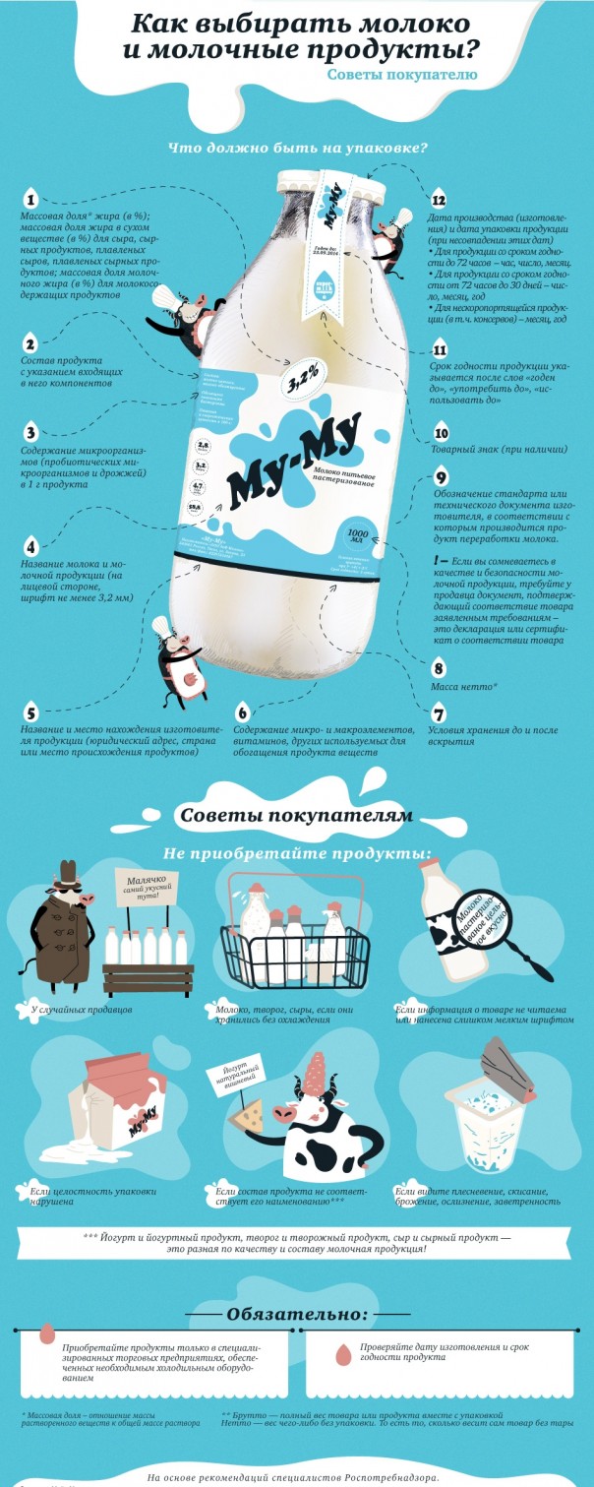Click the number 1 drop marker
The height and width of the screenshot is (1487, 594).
(30, 198)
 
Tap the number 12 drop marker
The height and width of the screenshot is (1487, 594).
(440, 198)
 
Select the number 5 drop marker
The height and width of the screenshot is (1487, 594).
(30, 713)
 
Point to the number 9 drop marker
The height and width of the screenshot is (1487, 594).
(442, 478)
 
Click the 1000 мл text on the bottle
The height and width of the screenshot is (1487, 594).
(356, 535)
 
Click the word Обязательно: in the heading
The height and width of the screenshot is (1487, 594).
(297, 1314)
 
